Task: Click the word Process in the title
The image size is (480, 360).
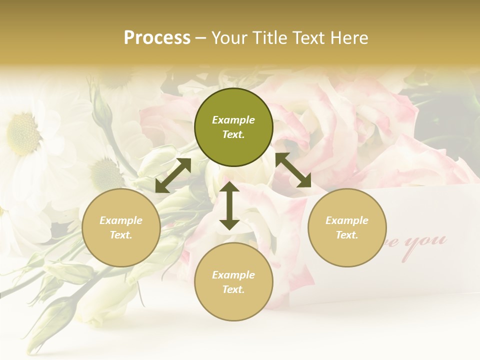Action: coord(157,38)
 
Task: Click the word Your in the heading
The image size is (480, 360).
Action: coord(230,38)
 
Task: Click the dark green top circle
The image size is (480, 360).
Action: coord(233,127)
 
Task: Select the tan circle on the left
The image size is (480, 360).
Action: coord(121,227)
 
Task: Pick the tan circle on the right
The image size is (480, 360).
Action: coord(347,227)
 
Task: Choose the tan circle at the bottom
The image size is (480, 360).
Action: coord(233,282)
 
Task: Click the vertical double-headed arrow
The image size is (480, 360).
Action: coord(229,205)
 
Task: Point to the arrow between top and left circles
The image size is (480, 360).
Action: coord(173,175)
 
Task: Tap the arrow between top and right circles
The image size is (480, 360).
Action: coord(293,170)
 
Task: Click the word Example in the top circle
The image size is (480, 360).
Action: coord(233,120)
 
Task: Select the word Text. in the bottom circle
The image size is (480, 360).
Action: coord(233,289)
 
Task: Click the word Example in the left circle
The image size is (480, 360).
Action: coord(121,220)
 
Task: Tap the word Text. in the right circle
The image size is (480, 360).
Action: coord(347,235)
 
